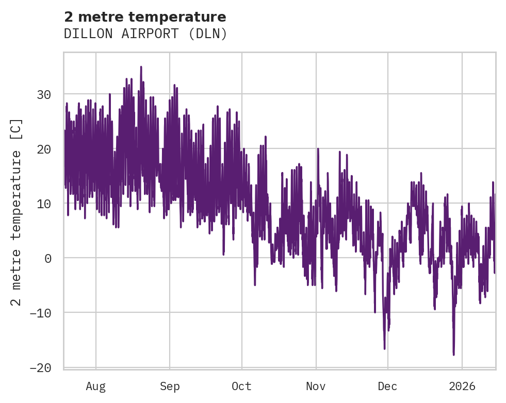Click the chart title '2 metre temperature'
coord(145,17)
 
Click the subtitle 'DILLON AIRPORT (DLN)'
coord(145,34)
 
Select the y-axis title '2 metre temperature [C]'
coord(17,211)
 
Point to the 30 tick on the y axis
coord(44,94)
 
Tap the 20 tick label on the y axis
coord(44,149)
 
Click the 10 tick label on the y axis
coord(44,204)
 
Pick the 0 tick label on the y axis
coord(48,258)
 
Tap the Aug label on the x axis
coord(95,386)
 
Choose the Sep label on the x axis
coord(169,386)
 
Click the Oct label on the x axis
coord(241,386)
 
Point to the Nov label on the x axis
coord(316,386)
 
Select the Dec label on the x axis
coord(387,386)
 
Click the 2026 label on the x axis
coord(462,386)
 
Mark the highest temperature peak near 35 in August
coord(141,66)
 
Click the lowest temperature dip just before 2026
coord(453,355)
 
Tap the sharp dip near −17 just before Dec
coord(384,349)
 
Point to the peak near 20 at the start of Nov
coord(318,149)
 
